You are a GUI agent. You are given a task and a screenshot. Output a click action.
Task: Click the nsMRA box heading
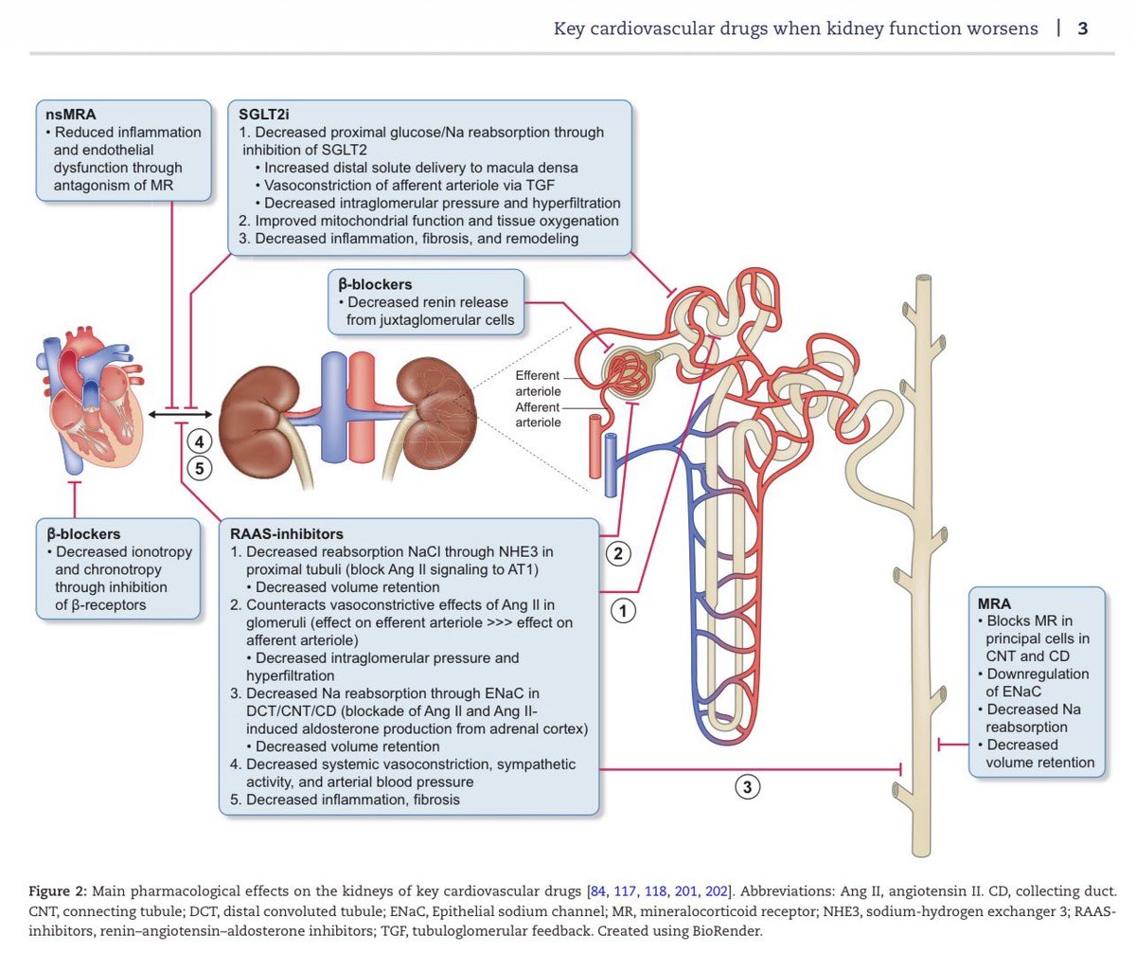[x=70, y=115]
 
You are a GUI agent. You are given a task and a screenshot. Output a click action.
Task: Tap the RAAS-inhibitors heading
[x=286, y=534]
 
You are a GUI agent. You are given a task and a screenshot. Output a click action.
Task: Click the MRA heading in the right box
[x=994, y=603]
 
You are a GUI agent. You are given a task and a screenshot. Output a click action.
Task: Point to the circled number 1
[x=623, y=611]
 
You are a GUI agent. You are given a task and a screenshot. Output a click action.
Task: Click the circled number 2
[x=618, y=553]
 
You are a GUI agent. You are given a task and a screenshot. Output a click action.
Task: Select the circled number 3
[x=748, y=787]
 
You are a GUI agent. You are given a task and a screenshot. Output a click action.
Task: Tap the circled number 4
[x=200, y=441]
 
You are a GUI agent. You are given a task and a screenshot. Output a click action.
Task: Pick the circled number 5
[x=200, y=469]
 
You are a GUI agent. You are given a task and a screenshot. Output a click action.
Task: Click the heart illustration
[x=90, y=401]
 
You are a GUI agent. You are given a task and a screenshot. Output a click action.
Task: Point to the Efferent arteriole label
[x=538, y=384]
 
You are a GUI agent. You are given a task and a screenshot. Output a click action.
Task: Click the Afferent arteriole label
[x=538, y=415]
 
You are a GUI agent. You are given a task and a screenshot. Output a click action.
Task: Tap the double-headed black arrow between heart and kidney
[x=180, y=415]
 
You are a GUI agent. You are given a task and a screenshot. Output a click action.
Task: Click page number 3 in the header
[x=1082, y=28]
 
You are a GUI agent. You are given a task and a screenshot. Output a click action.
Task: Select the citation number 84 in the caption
[x=598, y=890]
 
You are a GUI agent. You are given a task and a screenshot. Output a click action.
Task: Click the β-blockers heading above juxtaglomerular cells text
[x=375, y=284]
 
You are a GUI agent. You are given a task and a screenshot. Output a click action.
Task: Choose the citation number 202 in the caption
[x=717, y=890]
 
